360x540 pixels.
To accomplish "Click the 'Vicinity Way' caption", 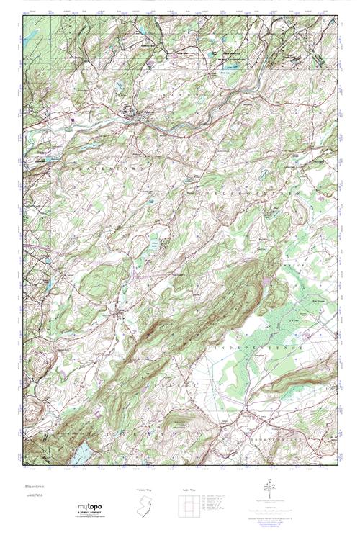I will point(145,489).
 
